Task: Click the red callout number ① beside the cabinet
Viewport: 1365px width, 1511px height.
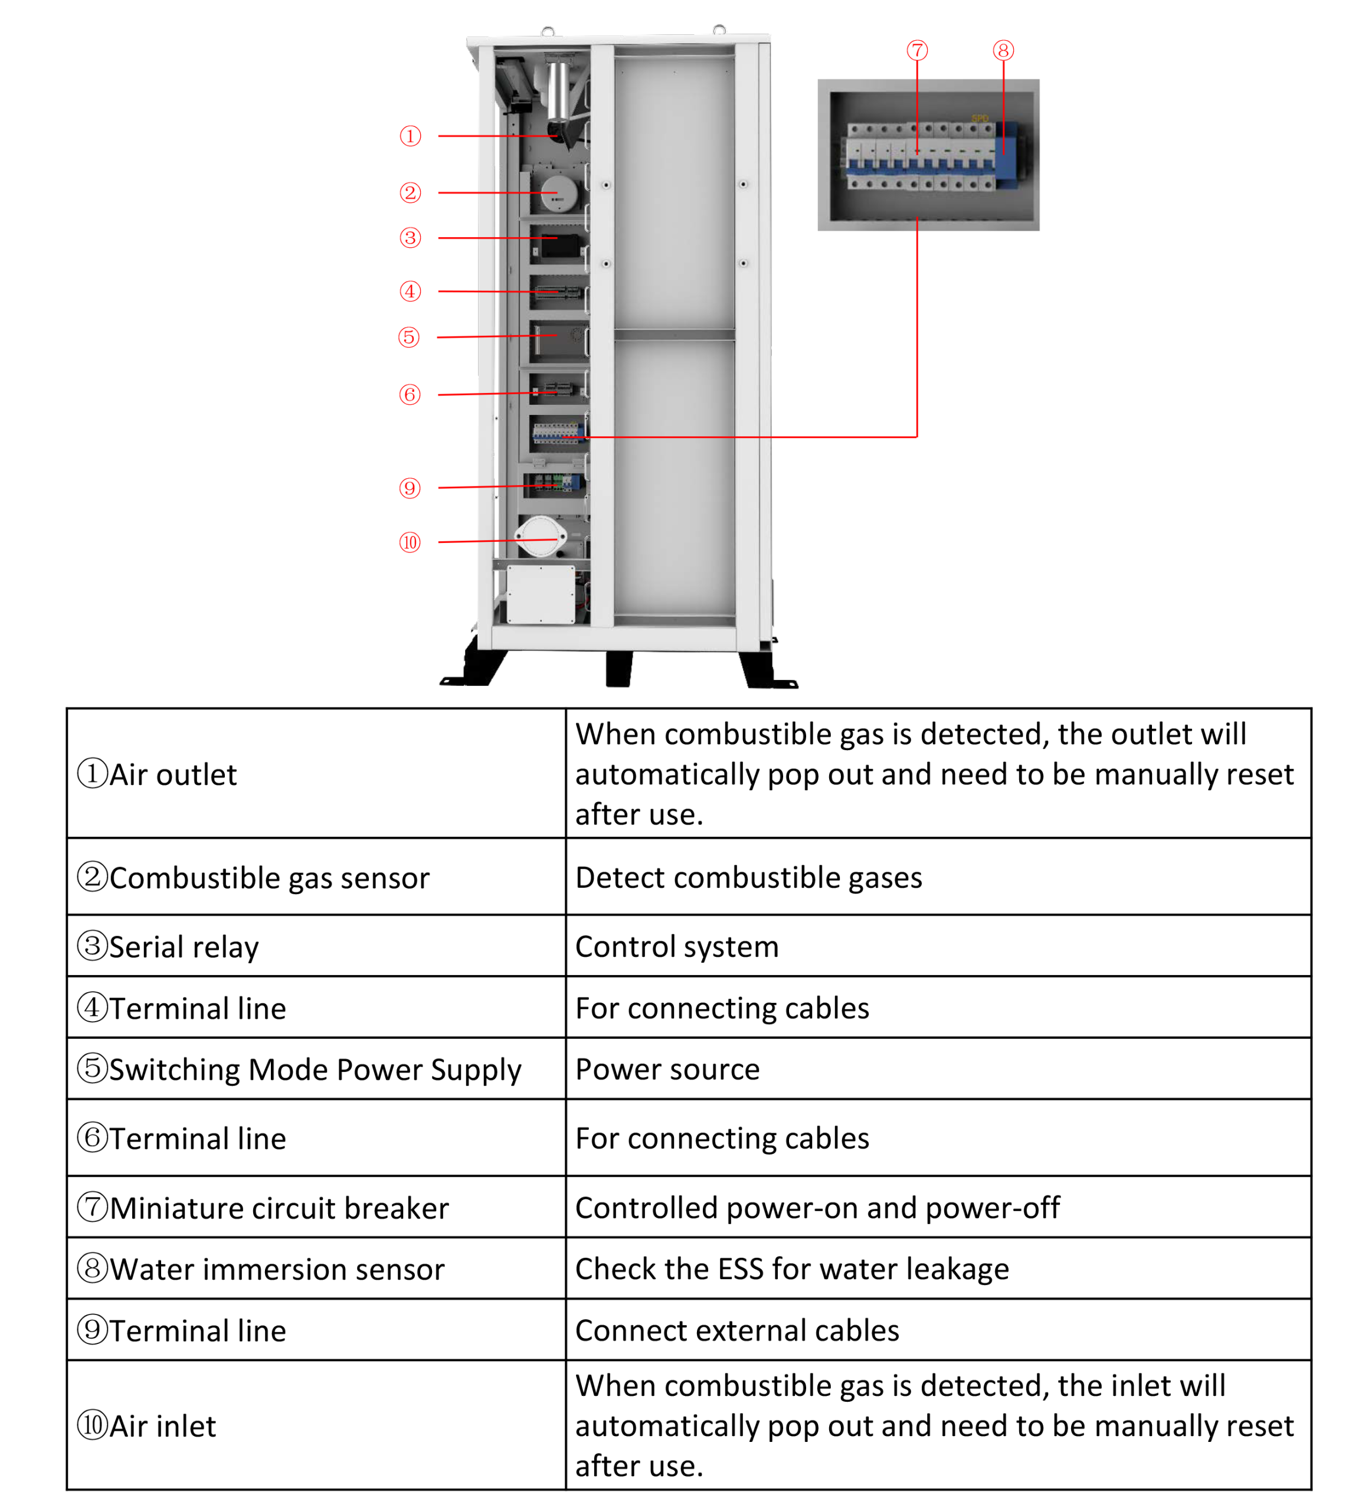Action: click(x=410, y=136)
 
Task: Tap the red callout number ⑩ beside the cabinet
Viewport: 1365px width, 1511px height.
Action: click(x=410, y=542)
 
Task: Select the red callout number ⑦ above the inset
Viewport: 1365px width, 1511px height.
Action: click(x=916, y=50)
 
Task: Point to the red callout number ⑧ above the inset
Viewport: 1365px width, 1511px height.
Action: click(x=1003, y=50)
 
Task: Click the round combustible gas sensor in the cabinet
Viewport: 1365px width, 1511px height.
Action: click(x=559, y=194)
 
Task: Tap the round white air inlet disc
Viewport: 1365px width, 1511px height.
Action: click(x=540, y=537)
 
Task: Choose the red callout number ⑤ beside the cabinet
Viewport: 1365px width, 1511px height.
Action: click(x=408, y=337)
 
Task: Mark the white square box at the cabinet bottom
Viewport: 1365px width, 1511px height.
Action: click(x=541, y=594)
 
